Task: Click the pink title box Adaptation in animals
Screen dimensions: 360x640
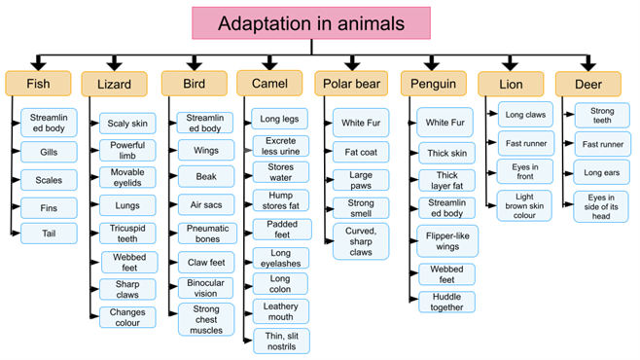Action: tap(311, 22)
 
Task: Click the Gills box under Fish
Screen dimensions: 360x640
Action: tap(49, 153)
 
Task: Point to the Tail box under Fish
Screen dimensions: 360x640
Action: tap(49, 234)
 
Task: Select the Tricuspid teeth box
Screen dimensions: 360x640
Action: tap(127, 234)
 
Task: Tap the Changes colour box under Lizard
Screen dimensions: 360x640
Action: tap(127, 318)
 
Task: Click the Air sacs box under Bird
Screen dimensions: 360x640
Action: tap(205, 204)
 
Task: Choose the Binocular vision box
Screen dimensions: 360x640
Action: tap(205, 289)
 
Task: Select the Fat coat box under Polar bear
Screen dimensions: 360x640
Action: tap(360, 153)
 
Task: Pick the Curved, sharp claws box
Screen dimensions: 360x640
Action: tap(360, 241)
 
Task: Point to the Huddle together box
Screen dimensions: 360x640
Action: tap(447, 303)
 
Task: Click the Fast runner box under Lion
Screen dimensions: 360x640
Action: tap(526, 145)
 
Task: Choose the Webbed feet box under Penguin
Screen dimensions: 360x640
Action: tap(447, 273)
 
